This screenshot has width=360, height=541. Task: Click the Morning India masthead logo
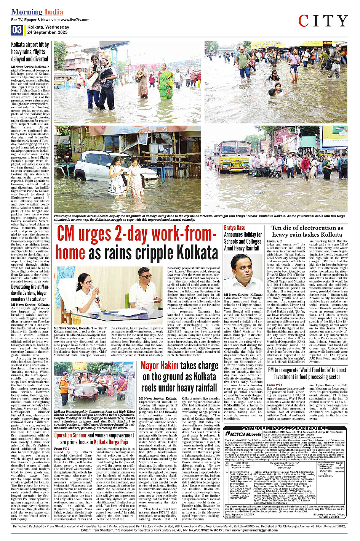(x=32, y=12)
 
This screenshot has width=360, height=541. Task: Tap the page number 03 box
(x=17, y=30)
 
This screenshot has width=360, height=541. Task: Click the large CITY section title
(x=323, y=21)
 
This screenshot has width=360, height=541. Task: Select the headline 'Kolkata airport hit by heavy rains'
(x=30, y=52)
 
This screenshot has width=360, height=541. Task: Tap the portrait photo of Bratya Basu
(x=243, y=272)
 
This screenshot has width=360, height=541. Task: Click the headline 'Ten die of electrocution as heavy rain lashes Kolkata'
(x=307, y=231)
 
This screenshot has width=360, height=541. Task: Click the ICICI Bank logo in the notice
(x=244, y=433)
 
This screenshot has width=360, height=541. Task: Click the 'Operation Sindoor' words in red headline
(x=70, y=435)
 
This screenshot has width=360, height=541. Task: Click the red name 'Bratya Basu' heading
(x=235, y=228)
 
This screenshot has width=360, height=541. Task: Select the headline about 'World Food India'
(x=307, y=373)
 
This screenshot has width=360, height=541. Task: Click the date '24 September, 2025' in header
(x=47, y=32)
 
